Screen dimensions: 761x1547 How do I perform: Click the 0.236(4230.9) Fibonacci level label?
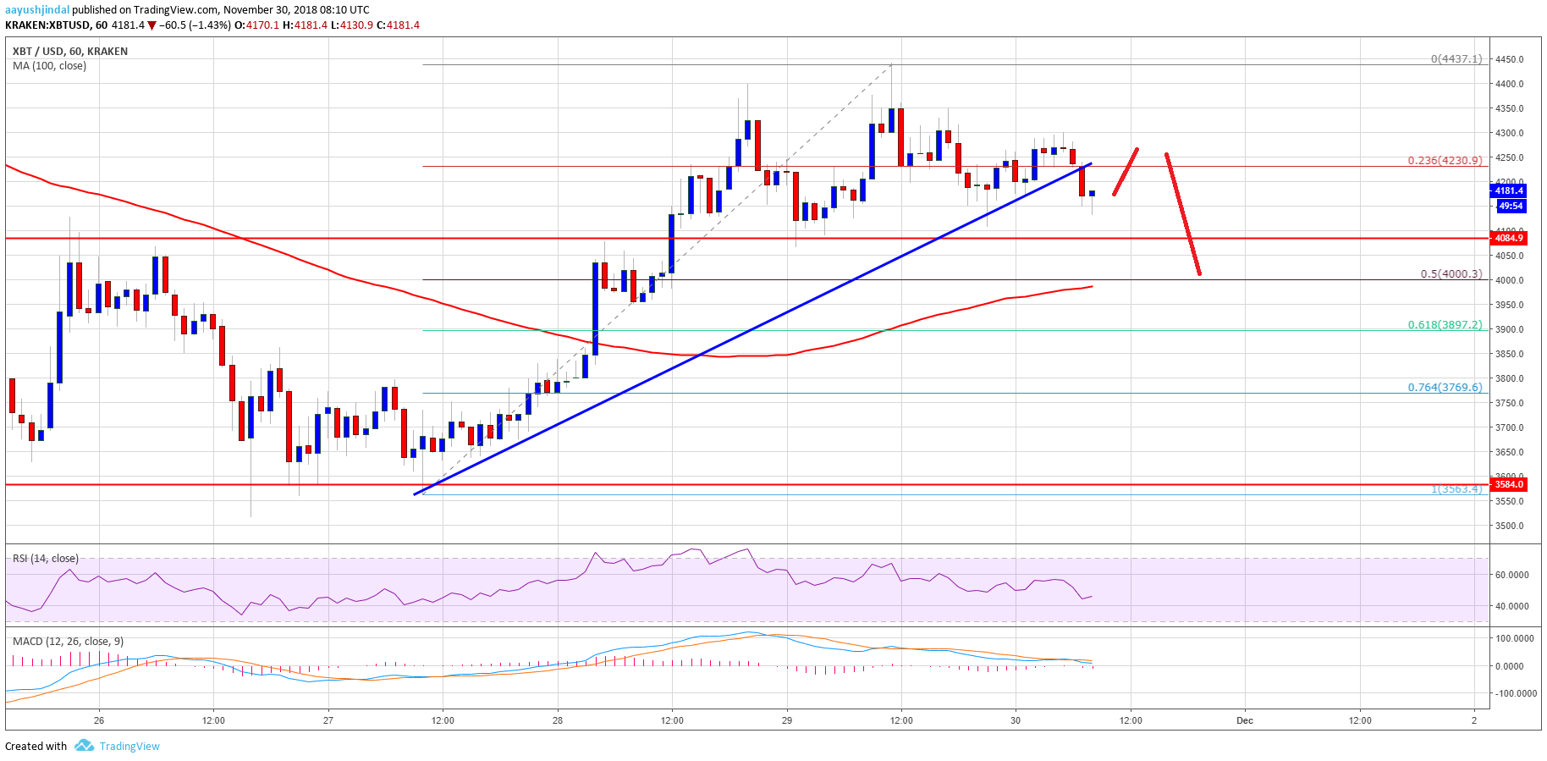tap(1445, 160)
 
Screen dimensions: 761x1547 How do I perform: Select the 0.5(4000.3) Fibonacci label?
tap(1451, 273)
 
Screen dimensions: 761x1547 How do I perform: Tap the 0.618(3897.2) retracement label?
tap(1445, 324)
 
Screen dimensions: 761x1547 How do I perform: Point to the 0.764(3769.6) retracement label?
tap(1445, 387)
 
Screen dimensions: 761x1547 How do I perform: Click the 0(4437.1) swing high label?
tap(1456, 59)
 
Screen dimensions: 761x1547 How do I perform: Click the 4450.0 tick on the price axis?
tap(1509, 59)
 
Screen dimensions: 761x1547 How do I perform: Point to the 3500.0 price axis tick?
tap(1509, 526)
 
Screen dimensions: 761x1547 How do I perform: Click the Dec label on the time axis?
tap(1244, 720)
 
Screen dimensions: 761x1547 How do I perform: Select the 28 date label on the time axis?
tap(558, 720)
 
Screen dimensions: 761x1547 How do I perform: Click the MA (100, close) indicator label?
tap(49, 66)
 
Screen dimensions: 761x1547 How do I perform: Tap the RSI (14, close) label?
tap(46, 559)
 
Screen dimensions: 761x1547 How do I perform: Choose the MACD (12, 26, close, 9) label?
tap(68, 642)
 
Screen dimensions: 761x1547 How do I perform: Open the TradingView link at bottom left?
tap(129, 746)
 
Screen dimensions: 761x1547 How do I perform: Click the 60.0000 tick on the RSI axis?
tap(1511, 575)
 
